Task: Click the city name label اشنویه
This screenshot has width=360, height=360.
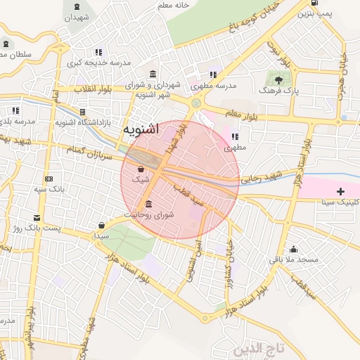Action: click(x=141, y=130)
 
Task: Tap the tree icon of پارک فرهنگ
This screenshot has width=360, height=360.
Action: click(x=278, y=80)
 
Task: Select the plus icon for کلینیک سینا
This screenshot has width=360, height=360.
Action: click(x=341, y=191)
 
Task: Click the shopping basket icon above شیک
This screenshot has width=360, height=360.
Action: click(x=141, y=169)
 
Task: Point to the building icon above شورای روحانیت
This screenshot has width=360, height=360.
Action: click(x=148, y=204)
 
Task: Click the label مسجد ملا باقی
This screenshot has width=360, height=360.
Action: click(x=297, y=259)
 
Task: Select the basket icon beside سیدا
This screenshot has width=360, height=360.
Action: click(x=103, y=226)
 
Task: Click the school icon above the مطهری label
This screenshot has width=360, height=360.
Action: click(x=234, y=137)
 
